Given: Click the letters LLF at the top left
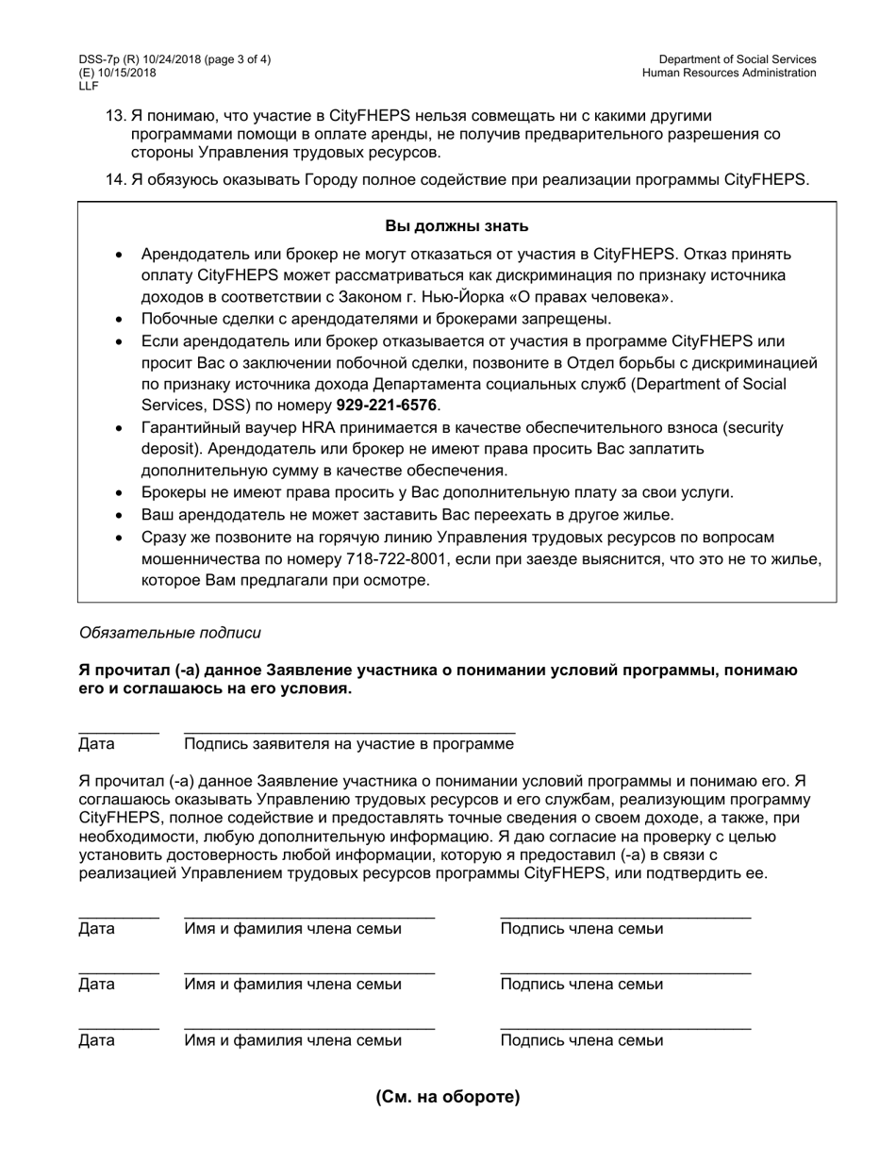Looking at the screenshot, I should point(89,86).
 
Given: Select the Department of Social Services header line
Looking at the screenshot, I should point(737,59).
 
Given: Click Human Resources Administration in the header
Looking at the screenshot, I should point(728,73).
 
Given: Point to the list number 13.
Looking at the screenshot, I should point(115,114).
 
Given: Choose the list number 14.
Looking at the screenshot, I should point(115,179).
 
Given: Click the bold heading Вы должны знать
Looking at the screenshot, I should point(456,225).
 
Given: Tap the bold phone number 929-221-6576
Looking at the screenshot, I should point(387,406).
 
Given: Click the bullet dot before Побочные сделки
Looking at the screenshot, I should point(118,320).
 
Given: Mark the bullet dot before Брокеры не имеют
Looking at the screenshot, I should point(118,493).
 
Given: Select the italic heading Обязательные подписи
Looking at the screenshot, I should point(171,633).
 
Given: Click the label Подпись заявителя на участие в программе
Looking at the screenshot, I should point(349,744).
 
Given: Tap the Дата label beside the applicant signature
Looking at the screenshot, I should point(97,744).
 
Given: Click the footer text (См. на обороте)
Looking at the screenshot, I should point(448,1096).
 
